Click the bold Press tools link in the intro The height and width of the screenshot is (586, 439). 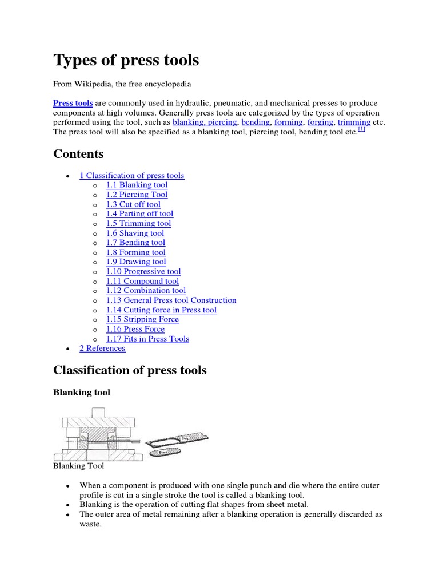73,103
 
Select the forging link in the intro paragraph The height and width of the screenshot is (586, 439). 320,122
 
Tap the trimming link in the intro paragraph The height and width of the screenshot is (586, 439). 354,122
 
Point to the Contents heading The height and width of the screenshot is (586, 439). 78,154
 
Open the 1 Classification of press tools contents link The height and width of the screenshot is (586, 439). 131,176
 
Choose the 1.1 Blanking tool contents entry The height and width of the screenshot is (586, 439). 137,185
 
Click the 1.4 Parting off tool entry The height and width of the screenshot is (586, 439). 139,213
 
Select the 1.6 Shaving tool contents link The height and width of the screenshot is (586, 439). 135,233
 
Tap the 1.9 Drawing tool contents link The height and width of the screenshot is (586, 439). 136,262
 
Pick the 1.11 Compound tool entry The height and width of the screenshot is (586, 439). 142,281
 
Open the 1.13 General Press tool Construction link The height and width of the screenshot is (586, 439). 171,300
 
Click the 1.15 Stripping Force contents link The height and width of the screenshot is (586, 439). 142,319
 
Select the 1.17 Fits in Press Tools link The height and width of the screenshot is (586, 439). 147,339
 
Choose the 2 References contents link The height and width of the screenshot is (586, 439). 102,348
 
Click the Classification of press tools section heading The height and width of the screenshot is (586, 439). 130,370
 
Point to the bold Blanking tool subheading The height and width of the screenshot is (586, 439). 82,393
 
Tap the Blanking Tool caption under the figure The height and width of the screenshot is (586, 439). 78,466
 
